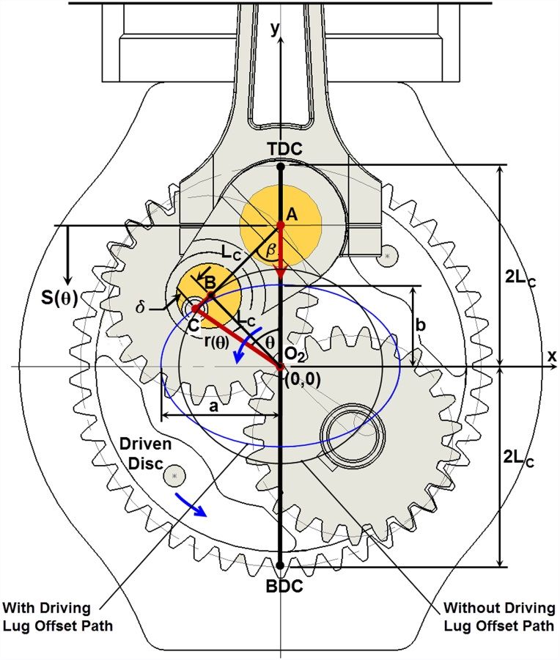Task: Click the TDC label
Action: pyautogui.click(x=284, y=149)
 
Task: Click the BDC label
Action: pyautogui.click(x=284, y=586)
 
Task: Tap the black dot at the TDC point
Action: pyautogui.click(x=281, y=166)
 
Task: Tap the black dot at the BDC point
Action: pyautogui.click(x=281, y=565)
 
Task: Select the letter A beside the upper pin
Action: pyautogui.click(x=292, y=215)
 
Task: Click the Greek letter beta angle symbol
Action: pyautogui.click(x=271, y=249)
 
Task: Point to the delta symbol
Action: pyautogui.click(x=141, y=307)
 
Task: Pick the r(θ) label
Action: pyautogui.click(x=217, y=342)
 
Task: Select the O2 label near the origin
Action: pyautogui.click(x=294, y=355)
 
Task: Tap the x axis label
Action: pyautogui.click(x=552, y=356)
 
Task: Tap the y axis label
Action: pyautogui.click(x=274, y=29)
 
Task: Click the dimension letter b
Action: pyautogui.click(x=420, y=325)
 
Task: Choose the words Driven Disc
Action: pyautogui.click(x=146, y=454)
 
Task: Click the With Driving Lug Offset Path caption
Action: pyautogui.click(x=58, y=617)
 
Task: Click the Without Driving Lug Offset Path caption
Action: pyautogui.click(x=499, y=617)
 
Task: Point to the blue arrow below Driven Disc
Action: pyautogui.click(x=191, y=505)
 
